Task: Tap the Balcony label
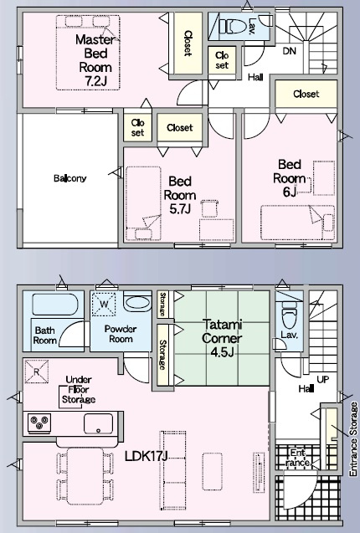[x=69, y=178]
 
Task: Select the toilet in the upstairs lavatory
[x=233, y=26]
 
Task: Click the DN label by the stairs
[x=289, y=51]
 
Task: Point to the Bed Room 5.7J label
[x=180, y=195]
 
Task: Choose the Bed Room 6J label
[x=289, y=178]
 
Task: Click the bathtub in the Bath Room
[x=55, y=305]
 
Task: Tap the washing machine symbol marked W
[x=104, y=304]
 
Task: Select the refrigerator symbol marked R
[x=36, y=372]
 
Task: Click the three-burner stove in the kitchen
[x=39, y=423]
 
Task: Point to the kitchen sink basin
[x=98, y=423]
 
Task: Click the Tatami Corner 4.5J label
[x=222, y=338]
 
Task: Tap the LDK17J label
[x=146, y=456]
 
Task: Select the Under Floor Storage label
[x=78, y=390]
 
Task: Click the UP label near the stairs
[x=322, y=379]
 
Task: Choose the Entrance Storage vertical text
[x=354, y=439]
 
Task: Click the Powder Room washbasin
[x=137, y=302]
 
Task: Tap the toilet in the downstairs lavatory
[x=289, y=316]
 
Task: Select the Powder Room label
[x=121, y=334]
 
